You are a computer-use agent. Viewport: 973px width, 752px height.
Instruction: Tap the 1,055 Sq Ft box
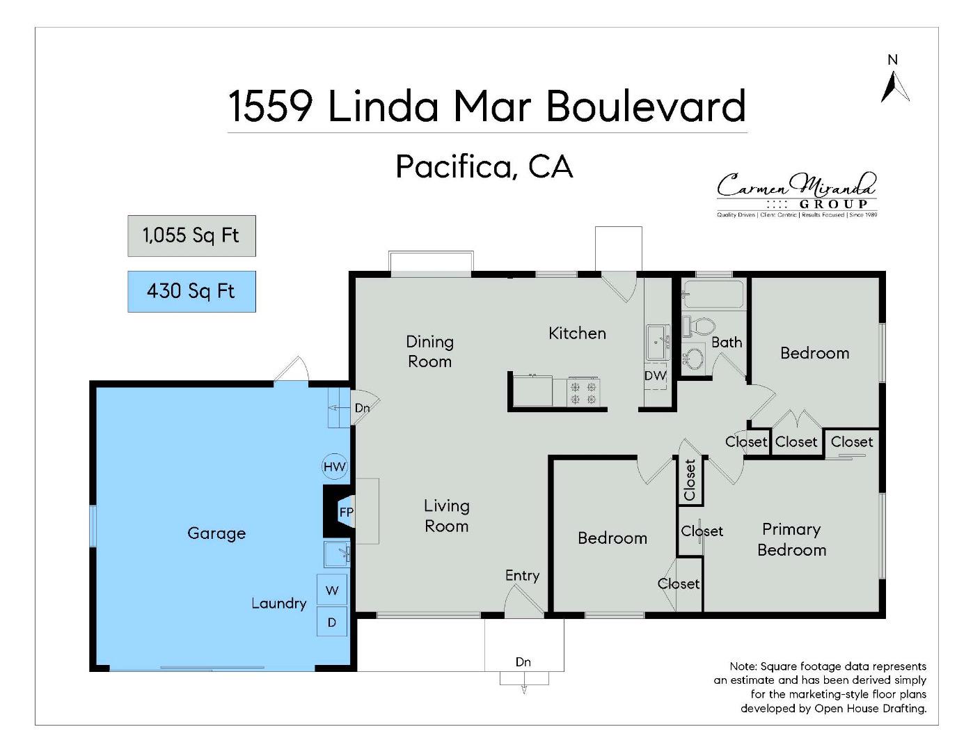[x=191, y=236]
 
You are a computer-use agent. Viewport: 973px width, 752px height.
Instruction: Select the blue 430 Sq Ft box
[x=191, y=291]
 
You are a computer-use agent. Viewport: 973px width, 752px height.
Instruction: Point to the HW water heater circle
[x=335, y=467]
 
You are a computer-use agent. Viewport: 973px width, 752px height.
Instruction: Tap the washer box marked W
[x=332, y=590]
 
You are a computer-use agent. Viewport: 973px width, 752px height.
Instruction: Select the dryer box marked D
[x=332, y=622]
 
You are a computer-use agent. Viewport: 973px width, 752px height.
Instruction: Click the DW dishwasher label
[x=655, y=375]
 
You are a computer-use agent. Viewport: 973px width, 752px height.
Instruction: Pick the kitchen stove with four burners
[x=583, y=391]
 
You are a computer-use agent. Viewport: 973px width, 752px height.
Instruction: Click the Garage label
[x=216, y=533]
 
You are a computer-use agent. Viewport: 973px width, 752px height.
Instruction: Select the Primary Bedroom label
[x=791, y=540]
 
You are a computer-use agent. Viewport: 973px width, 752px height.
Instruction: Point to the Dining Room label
[x=429, y=352]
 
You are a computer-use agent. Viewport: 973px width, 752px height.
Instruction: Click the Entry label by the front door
[x=522, y=575]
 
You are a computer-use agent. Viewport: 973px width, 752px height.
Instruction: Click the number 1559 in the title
[x=270, y=107]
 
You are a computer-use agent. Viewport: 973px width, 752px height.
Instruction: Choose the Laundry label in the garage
[x=278, y=603]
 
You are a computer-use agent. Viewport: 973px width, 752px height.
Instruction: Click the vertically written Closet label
[x=690, y=480]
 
